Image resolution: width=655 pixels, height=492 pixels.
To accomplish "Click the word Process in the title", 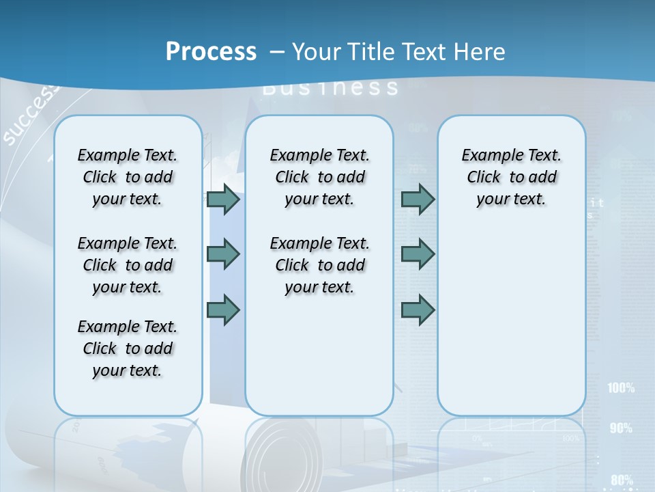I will tap(211, 51).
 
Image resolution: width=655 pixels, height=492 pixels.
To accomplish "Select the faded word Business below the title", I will tap(330, 87).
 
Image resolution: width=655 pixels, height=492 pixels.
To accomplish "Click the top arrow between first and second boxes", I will tap(223, 200).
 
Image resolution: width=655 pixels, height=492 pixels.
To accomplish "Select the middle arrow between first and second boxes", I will tap(223, 254).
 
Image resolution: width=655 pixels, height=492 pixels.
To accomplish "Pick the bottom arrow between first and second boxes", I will tap(223, 310).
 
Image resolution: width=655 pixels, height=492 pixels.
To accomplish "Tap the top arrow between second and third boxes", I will tap(418, 200).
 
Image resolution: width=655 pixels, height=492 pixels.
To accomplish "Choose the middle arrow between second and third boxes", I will tap(418, 254).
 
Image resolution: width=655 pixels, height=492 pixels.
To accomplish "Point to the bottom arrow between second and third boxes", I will tap(418, 310).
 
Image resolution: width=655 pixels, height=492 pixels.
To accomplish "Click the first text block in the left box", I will tap(128, 177).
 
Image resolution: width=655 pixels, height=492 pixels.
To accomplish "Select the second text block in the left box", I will tap(128, 265).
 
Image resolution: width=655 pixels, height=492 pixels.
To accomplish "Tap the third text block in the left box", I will tap(128, 348).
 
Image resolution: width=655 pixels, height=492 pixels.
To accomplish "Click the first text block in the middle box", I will tap(319, 177).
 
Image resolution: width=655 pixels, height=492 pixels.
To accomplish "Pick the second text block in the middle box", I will tap(319, 265).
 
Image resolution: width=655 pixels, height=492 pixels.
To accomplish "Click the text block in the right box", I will tap(511, 177).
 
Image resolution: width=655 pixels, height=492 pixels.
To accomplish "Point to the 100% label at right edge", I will tap(621, 388).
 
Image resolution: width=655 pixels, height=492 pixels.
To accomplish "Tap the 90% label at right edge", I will tap(621, 428).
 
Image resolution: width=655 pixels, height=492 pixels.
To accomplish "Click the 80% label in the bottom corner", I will tap(622, 480).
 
